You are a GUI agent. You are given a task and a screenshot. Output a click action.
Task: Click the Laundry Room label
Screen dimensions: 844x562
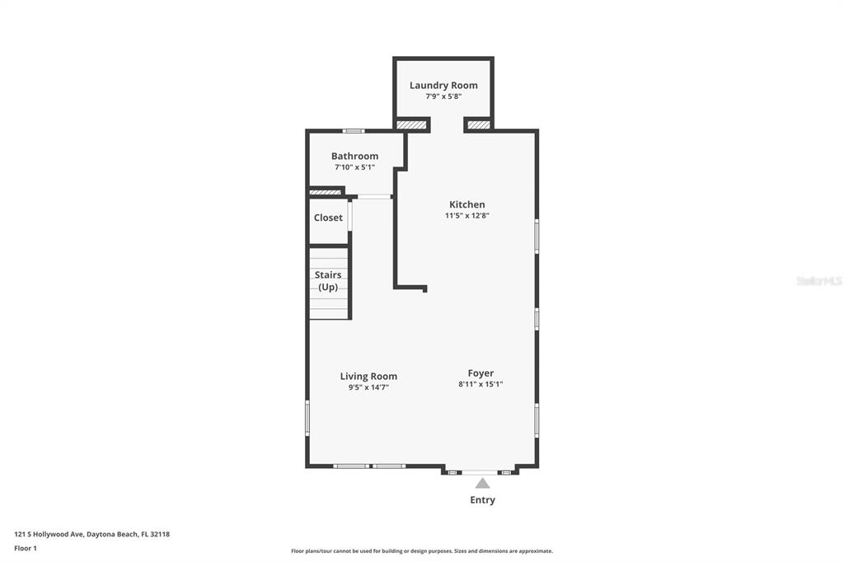(x=443, y=85)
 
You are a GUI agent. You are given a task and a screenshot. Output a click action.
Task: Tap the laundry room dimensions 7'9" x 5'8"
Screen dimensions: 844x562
(x=443, y=96)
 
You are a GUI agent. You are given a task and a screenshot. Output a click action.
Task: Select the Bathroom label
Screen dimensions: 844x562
(x=354, y=156)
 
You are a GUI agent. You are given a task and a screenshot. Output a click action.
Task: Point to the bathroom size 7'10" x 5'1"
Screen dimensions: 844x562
(x=354, y=167)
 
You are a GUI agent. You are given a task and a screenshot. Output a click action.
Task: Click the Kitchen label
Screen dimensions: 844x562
(x=467, y=204)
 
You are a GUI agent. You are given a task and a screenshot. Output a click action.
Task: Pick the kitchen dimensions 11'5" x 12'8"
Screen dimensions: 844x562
(x=467, y=215)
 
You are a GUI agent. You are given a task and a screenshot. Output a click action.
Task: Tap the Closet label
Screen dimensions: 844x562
(x=328, y=218)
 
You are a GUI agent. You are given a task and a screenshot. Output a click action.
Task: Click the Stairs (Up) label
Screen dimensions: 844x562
(x=328, y=280)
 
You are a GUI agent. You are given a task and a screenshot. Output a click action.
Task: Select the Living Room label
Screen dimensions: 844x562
(x=368, y=377)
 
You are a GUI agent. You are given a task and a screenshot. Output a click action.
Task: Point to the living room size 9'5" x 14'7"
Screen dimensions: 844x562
(x=368, y=387)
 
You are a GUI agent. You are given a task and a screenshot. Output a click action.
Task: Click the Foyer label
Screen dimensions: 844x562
(x=481, y=373)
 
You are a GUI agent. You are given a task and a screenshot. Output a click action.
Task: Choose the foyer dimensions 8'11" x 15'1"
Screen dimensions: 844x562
(x=481, y=384)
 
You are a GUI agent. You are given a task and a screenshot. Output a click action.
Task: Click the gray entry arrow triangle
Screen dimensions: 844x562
(x=483, y=483)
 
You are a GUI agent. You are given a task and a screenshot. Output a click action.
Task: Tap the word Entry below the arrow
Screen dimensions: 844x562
(x=483, y=500)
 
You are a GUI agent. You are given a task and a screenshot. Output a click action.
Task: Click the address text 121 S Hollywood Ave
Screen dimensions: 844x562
(x=49, y=535)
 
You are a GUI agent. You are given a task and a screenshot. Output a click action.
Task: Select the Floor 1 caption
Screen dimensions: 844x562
(x=26, y=549)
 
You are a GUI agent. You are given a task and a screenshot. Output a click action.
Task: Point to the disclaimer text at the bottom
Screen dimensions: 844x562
(x=422, y=551)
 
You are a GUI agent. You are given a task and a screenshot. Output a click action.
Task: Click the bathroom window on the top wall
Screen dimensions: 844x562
(x=354, y=131)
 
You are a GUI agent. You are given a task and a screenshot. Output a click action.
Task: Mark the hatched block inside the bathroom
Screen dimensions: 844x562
(x=326, y=192)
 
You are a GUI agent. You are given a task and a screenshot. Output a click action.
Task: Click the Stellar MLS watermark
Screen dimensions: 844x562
(x=819, y=281)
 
